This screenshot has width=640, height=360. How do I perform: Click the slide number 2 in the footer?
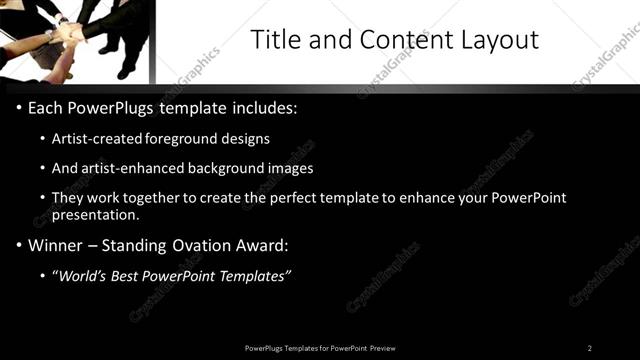[x=590, y=347]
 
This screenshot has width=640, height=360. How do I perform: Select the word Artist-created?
[x=99, y=139]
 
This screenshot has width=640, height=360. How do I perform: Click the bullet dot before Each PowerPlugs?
[x=19, y=107]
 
